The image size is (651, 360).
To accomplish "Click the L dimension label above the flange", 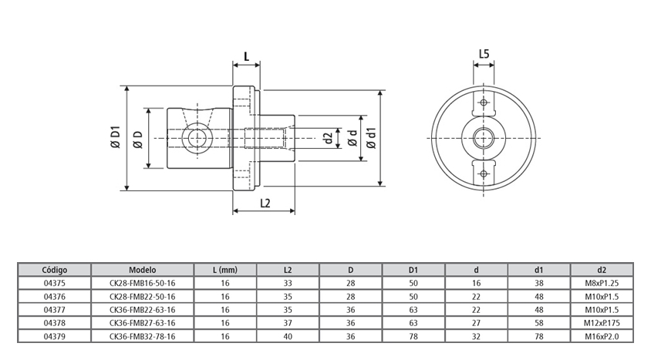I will click(246, 56).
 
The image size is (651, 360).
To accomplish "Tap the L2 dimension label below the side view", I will click(265, 204).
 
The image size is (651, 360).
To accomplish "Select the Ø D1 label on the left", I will click(115, 138).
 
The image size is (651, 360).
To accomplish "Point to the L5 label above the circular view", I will click(484, 54).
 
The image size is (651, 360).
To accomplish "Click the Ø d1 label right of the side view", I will click(371, 138).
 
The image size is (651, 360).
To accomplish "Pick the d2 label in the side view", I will click(328, 138).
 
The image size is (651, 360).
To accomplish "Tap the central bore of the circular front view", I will click(484, 138).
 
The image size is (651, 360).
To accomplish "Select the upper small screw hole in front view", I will click(484, 103).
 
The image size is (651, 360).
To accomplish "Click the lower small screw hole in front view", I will click(484, 173).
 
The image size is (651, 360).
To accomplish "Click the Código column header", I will click(55, 271).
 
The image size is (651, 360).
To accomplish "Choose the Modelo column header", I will click(143, 271).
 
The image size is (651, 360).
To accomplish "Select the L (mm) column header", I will click(225, 271).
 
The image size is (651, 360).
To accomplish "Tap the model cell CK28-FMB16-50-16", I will click(143, 284).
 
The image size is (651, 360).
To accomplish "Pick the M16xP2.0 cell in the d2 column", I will click(602, 336).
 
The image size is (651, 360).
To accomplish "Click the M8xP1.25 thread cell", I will click(602, 284).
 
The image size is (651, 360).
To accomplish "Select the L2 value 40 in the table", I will click(288, 336).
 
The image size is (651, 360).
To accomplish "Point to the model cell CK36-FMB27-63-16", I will click(143, 323).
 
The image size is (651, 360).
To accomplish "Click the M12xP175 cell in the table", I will click(602, 323).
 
